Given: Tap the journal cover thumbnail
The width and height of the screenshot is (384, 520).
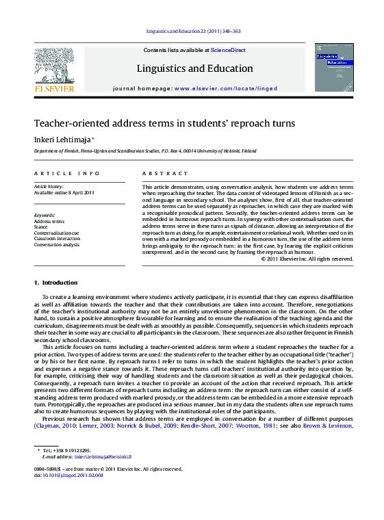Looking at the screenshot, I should (x=334, y=67).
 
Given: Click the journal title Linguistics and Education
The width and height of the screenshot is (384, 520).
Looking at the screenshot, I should (x=194, y=68).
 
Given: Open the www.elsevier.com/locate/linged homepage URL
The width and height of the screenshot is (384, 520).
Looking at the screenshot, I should (x=218, y=89).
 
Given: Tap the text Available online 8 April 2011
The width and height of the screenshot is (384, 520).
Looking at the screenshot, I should (x=64, y=192).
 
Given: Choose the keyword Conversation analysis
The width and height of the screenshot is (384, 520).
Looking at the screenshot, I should (x=57, y=244).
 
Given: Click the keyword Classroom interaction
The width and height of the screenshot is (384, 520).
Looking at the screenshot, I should (x=57, y=239).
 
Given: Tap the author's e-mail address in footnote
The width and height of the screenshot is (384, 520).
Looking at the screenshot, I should (x=103, y=456).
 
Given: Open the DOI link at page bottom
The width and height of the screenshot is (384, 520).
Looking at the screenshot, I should (x=72, y=475).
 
